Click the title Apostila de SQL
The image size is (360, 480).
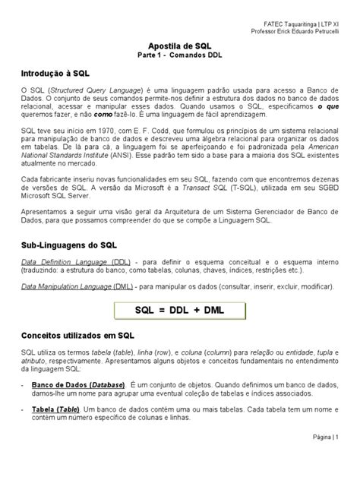click(x=179, y=46)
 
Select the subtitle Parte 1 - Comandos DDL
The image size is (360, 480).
click(x=179, y=56)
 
